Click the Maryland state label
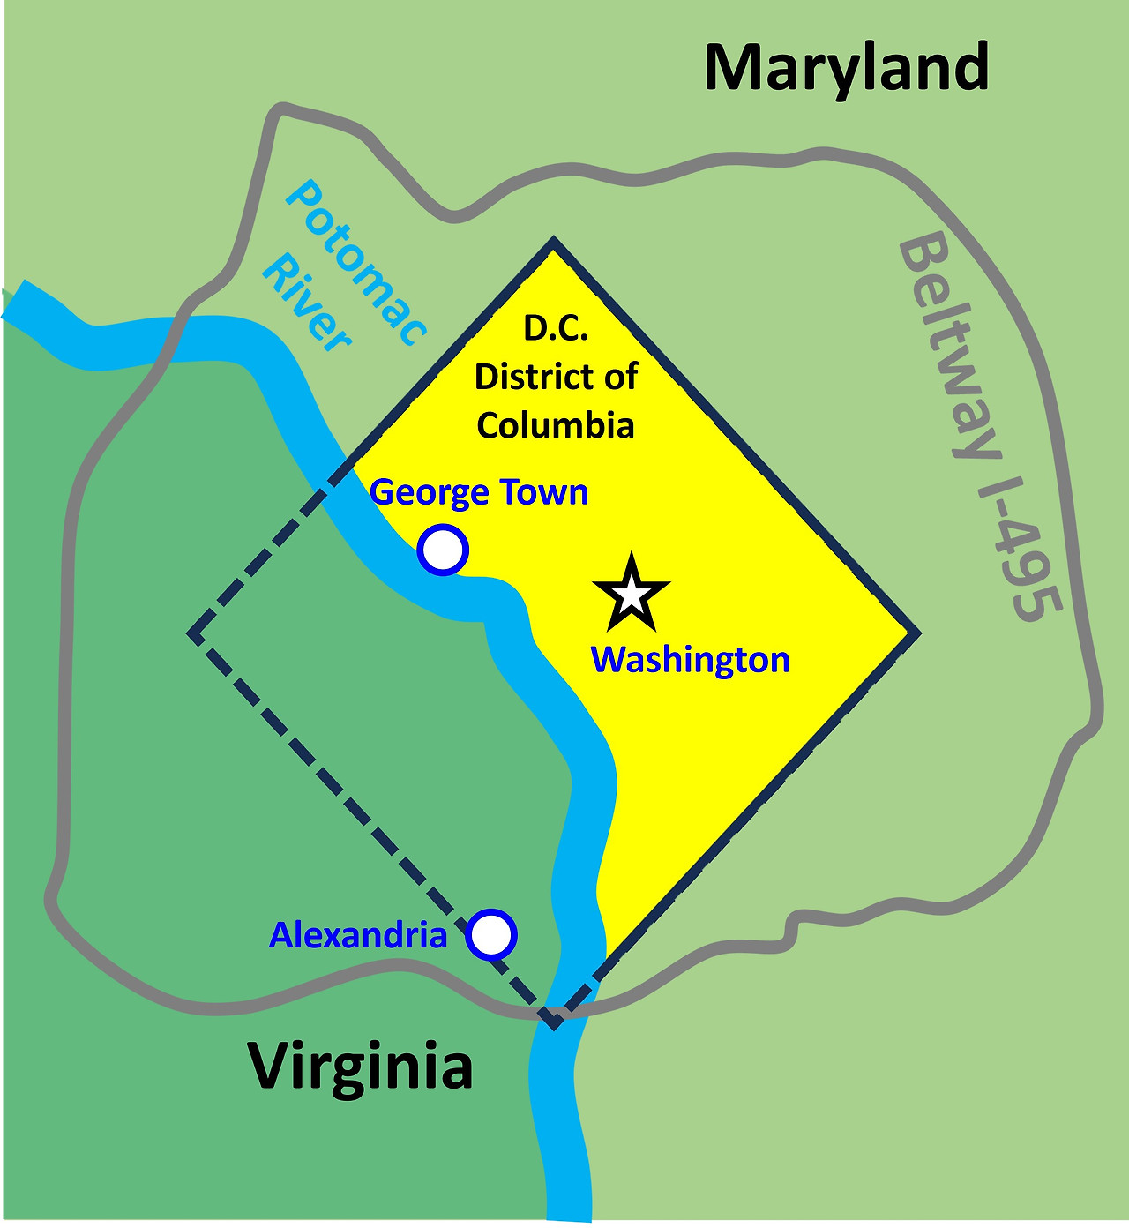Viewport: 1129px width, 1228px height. [847, 69]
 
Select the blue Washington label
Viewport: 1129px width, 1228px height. [690, 660]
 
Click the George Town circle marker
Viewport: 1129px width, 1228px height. [443, 550]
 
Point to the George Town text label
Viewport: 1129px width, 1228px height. [479, 492]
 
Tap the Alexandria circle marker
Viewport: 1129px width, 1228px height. [490, 934]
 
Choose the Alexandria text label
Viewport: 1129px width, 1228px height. [358, 935]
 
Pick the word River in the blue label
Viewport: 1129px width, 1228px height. [307, 304]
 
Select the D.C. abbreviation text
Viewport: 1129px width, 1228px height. [556, 328]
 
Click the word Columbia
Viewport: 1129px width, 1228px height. [556, 425]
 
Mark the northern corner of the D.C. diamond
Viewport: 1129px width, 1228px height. [553, 241]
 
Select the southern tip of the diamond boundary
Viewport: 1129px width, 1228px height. [554, 1025]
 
